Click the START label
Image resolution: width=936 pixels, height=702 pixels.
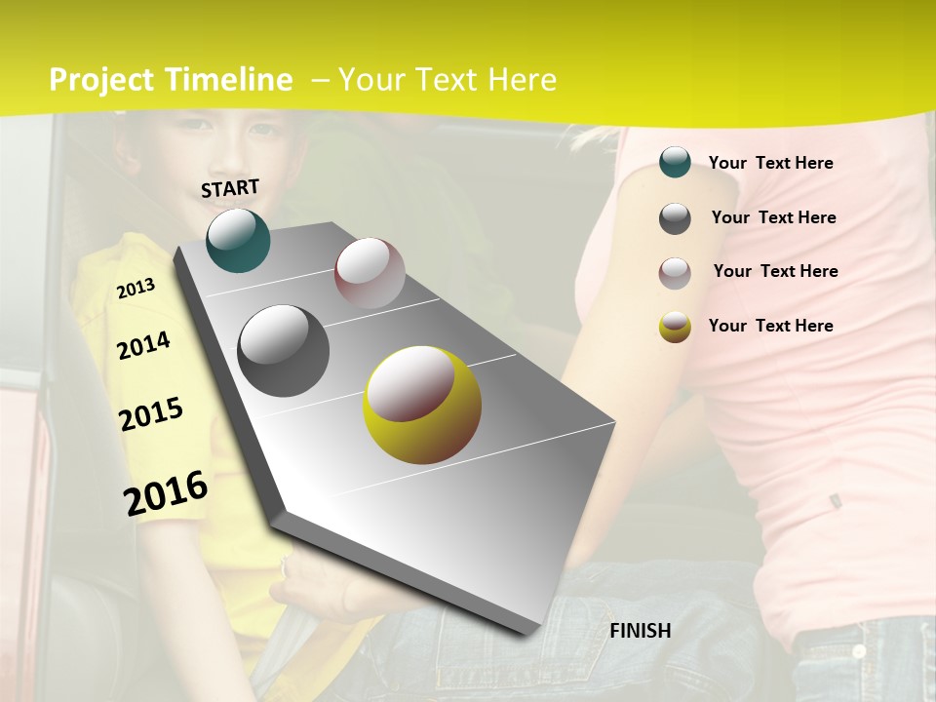click(230, 188)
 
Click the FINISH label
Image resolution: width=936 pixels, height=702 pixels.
click(641, 631)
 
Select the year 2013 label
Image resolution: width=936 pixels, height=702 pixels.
click(136, 288)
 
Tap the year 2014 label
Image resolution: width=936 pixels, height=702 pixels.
click(143, 345)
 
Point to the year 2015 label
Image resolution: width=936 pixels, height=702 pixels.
click(151, 414)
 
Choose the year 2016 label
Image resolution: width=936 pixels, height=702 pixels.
click(166, 492)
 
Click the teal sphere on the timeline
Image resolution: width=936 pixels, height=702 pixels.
click(239, 240)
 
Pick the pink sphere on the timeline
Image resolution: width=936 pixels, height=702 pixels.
click(370, 272)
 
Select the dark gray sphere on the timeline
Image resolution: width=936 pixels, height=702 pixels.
click(284, 350)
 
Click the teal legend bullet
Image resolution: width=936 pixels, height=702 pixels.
click(675, 163)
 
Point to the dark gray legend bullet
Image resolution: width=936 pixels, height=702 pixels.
click(675, 218)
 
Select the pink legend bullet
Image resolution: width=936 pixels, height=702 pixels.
click(675, 273)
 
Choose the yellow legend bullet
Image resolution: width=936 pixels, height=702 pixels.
click(675, 327)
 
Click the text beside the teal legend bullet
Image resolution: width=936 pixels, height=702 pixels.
click(770, 163)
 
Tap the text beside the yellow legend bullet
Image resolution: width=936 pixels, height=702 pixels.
click(770, 326)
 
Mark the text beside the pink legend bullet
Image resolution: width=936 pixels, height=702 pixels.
click(775, 271)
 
